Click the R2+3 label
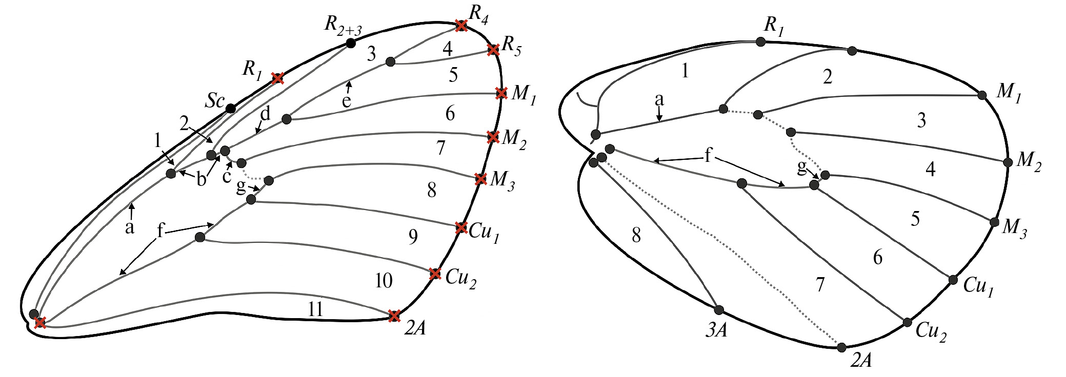coord(343,26)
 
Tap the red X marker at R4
coord(461,25)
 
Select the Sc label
coord(215,101)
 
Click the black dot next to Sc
coord(231,109)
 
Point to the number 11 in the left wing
coord(315,309)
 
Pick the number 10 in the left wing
coord(384,280)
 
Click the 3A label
coord(717,330)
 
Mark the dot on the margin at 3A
coord(719,310)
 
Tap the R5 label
coord(511,46)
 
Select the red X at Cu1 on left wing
coord(461,227)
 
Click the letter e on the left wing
coord(347,101)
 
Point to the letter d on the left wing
coord(266,114)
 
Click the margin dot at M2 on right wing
coord(1008,162)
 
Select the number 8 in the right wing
coord(636,235)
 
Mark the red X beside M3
coord(480,179)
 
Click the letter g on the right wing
coord(802,166)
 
